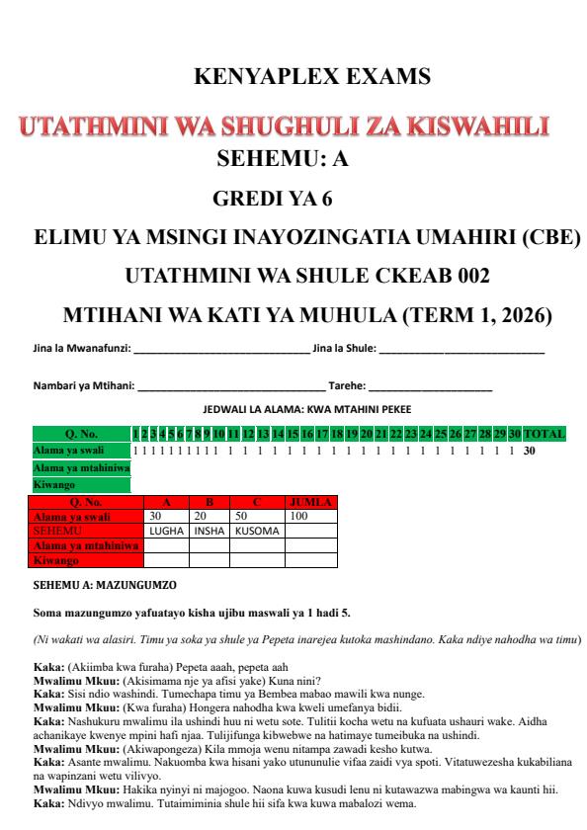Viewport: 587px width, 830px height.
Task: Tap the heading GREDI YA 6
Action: point(273,200)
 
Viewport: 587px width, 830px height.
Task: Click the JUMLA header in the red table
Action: point(310,502)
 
